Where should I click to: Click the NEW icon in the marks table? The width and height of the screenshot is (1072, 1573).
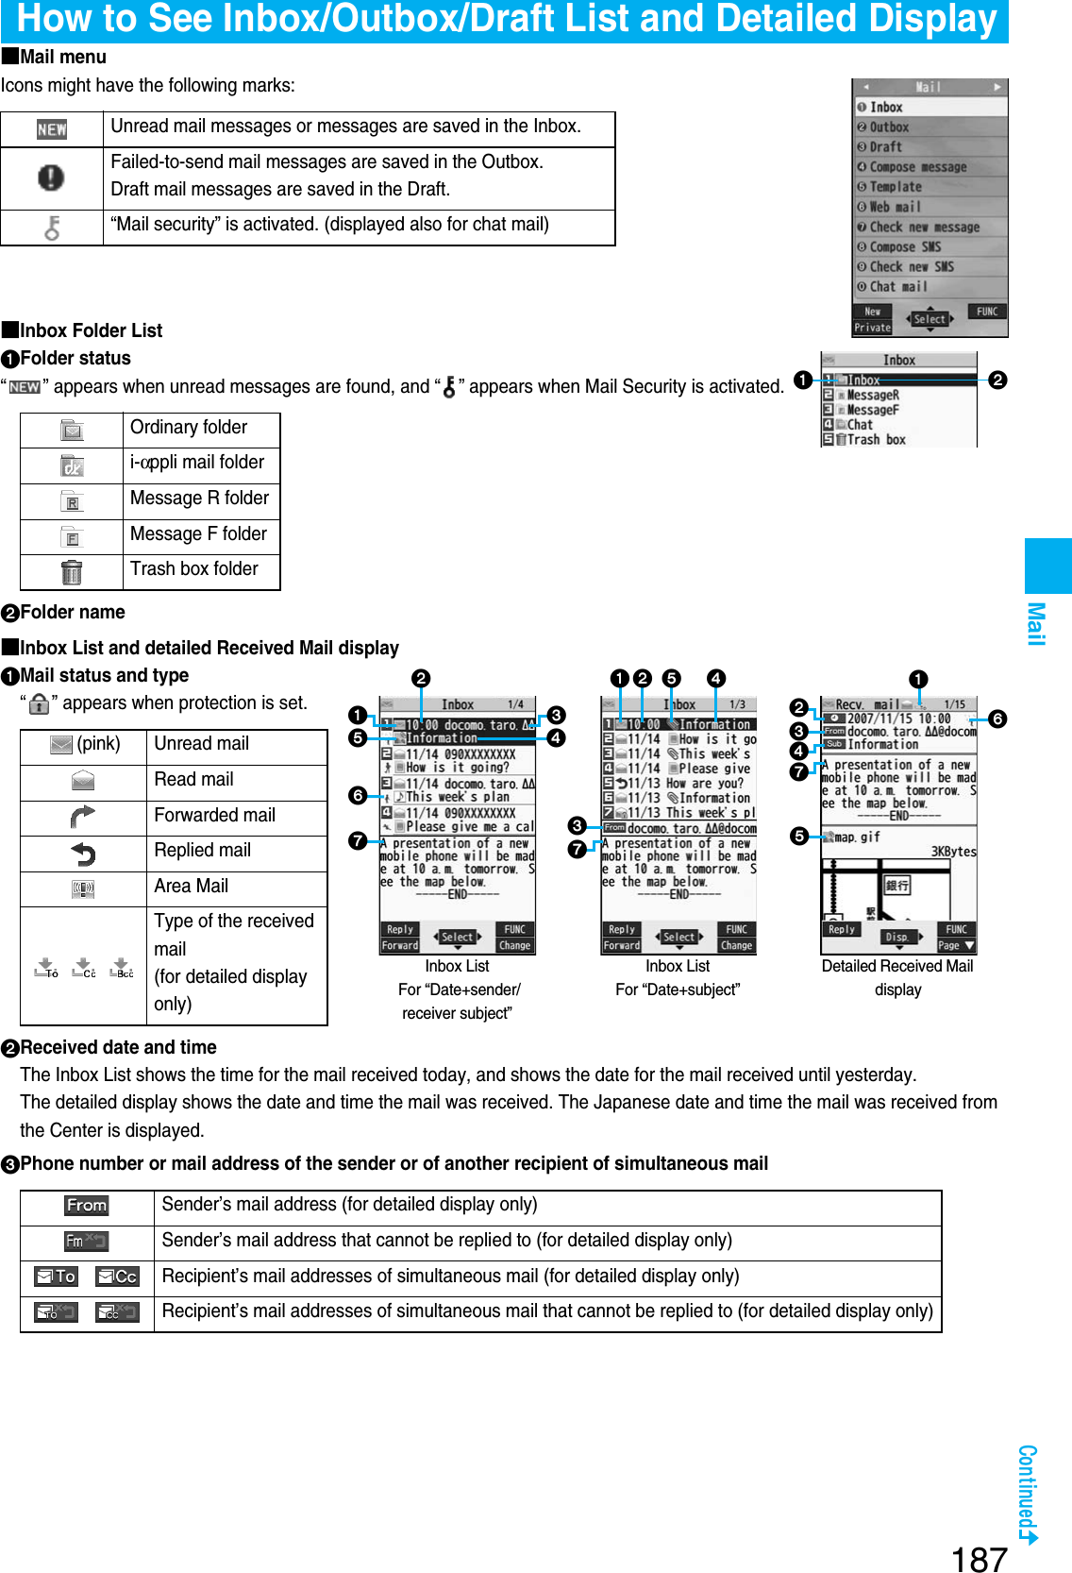52,129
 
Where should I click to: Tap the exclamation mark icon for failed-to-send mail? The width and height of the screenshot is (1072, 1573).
51,178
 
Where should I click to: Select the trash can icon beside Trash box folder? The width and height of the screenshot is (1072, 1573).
72,572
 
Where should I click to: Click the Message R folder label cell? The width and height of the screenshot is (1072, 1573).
200,499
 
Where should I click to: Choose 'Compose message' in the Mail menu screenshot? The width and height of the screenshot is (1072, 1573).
917,167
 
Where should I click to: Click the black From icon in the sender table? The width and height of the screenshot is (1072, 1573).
87,1206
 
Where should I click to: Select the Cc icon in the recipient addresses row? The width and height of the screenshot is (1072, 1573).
118,1277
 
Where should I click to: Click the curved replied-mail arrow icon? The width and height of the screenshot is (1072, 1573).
83,854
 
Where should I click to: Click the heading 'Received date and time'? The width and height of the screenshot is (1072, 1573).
119,1047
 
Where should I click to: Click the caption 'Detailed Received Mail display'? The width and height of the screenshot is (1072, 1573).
897,977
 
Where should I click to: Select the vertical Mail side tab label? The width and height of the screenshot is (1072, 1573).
1036,624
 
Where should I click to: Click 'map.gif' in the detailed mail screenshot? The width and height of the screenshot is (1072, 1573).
857,837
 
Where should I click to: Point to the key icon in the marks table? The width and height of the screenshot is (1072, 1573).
52,228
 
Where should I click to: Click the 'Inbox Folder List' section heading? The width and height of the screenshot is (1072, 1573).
91,330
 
